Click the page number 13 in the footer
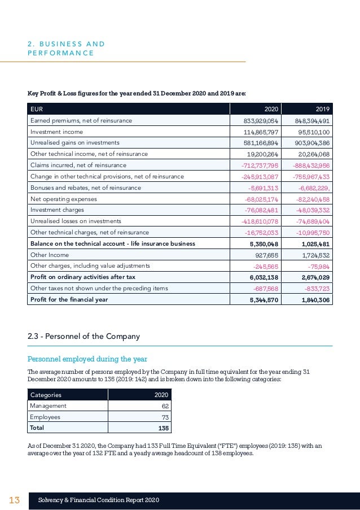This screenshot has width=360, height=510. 14,500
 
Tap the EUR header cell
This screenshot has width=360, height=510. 37,109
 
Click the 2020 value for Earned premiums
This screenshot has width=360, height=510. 260,121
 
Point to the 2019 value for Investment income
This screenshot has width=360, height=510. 313,132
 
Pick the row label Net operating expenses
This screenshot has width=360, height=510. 63,199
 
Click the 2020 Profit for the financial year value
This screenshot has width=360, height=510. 264,300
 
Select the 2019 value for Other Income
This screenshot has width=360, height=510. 315,255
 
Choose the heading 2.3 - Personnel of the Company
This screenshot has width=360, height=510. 84,337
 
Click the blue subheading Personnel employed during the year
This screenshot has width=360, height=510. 87,359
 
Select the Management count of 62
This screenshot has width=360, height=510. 165,406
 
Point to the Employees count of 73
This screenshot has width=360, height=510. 165,417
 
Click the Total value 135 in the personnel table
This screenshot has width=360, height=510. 163,428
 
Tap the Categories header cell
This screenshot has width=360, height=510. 46,395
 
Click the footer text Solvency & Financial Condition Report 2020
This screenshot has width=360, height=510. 99,500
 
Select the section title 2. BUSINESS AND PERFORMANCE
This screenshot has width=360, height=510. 66,49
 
